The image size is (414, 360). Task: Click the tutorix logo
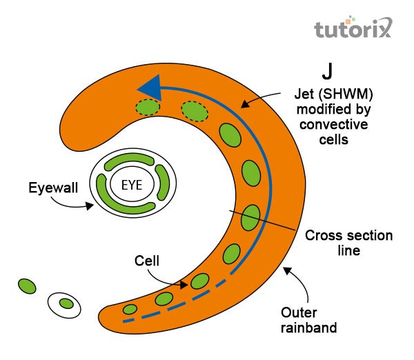coord(352,28)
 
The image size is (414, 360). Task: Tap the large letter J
coord(328,71)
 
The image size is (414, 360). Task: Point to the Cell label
coord(147,261)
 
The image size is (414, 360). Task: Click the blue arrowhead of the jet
coord(150,88)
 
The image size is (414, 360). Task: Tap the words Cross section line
coord(348,243)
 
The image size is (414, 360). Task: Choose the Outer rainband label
coord(308,319)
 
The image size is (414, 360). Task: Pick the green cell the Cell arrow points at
coord(199,281)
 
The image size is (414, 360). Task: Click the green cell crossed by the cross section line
coord(250,217)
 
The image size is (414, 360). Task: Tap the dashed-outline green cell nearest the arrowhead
coord(147,107)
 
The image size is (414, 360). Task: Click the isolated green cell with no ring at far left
coord(26,285)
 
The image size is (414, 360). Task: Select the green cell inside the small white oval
coord(66,303)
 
